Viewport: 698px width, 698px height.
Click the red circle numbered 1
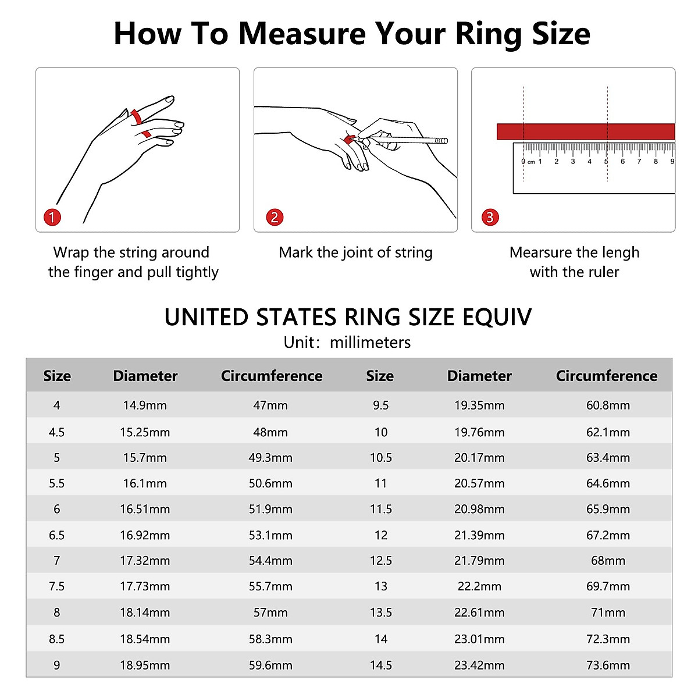point(52,217)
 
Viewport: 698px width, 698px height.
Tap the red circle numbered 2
point(275,217)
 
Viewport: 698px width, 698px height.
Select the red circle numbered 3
point(490,217)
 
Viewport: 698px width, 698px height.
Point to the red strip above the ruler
point(585,131)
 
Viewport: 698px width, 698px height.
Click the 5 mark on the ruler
point(606,161)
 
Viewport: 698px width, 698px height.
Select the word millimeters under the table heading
point(370,342)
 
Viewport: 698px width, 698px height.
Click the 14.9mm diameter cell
point(145,405)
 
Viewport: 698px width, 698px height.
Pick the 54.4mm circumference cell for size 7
point(270,561)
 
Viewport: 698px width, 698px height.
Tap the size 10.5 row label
point(380,458)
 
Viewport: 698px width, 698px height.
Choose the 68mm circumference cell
point(608,561)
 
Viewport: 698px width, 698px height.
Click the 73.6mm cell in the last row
point(608,665)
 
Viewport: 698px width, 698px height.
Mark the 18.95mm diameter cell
point(145,665)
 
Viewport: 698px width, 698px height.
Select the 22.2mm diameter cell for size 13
point(479,586)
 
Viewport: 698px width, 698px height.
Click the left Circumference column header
point(271,376)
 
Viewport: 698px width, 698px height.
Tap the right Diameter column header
point(479,376)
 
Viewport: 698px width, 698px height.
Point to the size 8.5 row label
point(56,639)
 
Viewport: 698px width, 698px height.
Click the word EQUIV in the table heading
point(497,318)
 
